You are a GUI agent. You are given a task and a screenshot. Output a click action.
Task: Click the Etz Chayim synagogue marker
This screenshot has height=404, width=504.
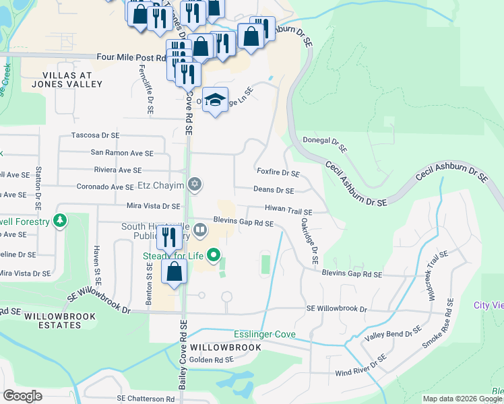click(x=195, y=184)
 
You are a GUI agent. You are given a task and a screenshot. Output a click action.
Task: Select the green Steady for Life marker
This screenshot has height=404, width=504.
click(x=214, y=255)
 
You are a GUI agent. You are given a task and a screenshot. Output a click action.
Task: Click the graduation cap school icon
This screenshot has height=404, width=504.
click(x=215, y=100)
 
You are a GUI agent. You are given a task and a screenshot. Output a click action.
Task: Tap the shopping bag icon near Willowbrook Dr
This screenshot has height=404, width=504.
click(x=175, y=272)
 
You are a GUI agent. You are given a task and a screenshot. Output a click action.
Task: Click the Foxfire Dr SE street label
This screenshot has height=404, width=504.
click(x=278, y=172)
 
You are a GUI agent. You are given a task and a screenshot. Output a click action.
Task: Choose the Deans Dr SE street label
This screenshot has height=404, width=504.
click(x=274, y=191)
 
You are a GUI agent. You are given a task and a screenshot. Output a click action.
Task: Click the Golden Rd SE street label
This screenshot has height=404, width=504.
click(x=211, y=360)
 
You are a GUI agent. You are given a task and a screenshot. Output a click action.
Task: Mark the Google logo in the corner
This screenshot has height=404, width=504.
click(x=22, y=396)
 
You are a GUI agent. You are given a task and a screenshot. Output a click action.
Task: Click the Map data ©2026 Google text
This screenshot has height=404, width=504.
click(x=462, y=399)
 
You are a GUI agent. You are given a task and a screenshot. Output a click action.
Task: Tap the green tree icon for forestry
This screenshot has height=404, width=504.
click(x=61, y=221)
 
